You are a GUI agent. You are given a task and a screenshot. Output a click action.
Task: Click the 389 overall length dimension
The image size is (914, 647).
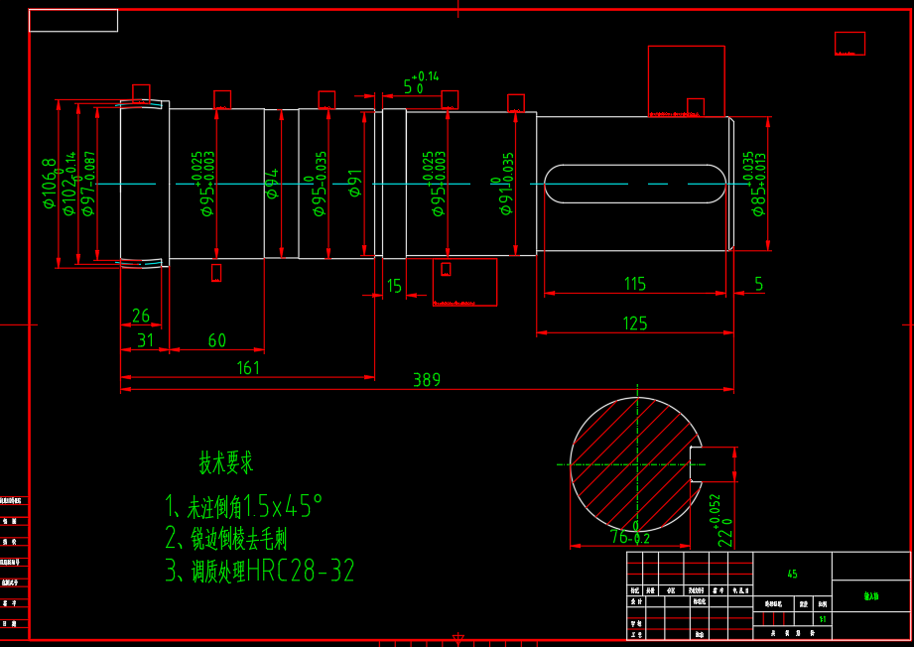coord(427,380)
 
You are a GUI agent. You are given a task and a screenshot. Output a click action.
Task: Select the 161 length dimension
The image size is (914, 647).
coord(248,368)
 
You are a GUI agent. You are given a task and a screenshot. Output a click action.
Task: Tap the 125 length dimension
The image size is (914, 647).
coord(635,323)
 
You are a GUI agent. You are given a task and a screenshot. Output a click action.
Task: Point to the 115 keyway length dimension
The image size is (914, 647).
coord(635,284)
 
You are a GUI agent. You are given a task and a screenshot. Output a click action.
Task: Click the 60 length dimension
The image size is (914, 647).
coord(216,341)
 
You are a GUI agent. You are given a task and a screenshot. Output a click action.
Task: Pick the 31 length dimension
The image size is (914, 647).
coord(146,341)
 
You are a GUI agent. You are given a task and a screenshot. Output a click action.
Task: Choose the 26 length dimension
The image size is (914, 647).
coord(141,317)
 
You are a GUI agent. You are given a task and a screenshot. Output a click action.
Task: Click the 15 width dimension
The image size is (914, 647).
coord(394,287)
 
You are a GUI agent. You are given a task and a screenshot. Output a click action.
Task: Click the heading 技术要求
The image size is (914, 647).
coord(226,462)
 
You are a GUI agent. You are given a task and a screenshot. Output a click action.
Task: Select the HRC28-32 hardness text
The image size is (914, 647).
coord(301,572)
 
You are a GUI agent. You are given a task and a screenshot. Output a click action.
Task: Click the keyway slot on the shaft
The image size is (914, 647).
coord(633,185)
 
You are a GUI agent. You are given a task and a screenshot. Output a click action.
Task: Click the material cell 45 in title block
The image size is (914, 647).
coord(792,574)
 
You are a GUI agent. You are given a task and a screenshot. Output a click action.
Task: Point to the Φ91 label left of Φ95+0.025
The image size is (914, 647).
coord(354,185)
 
